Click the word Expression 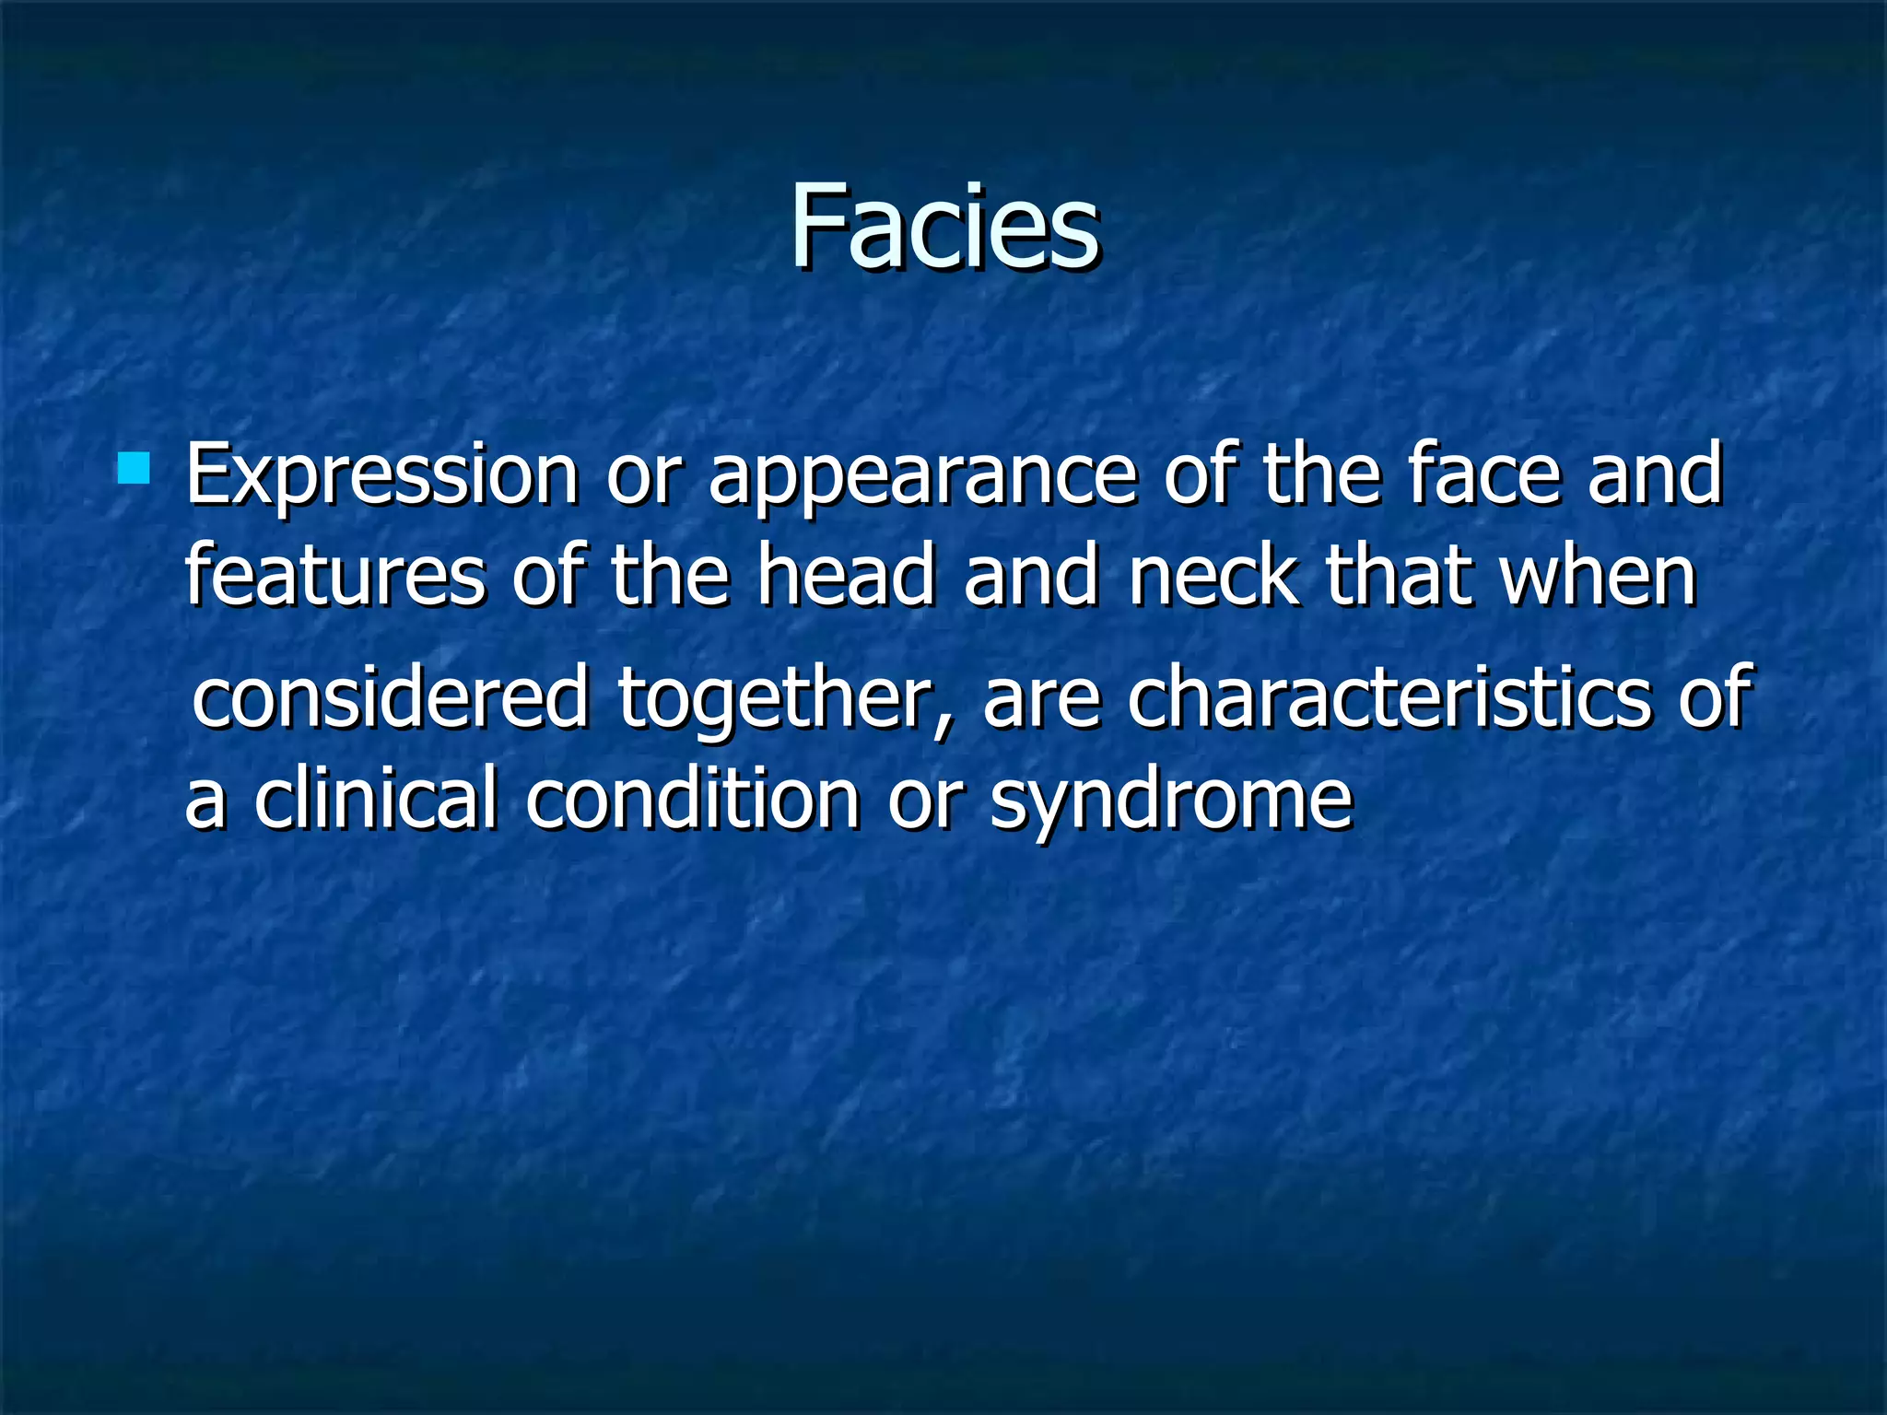point(381,477)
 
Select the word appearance point(922,477)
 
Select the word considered point(391,697)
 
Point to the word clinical point(376,798)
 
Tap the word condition point(693,798)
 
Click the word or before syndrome point(925,801)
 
